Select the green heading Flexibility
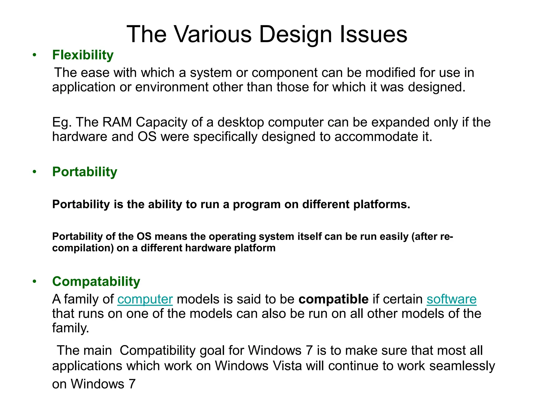pyautogui.click(x=83, y=55)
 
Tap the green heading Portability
pyautogui.click(x=84, y=172)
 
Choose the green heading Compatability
pyautogui.click(x=96, y=282)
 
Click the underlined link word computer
pyautogui.click(x=145, y=299)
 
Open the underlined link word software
pyautogui.click(x=451, y=299)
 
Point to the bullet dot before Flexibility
pyautogui.click(x=34, y=55)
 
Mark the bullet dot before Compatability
pyautogui.click(x=34, y=282)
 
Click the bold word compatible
pyautogui.click(x=333, y=299)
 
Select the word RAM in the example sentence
pyautogui.click(x=117, y=122)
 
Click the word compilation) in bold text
pyautogui.click(x=83, y=248)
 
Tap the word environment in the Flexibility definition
pyautogui.click(x=172, y=87)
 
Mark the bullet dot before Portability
pyautogui.click(x=34, y=172)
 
